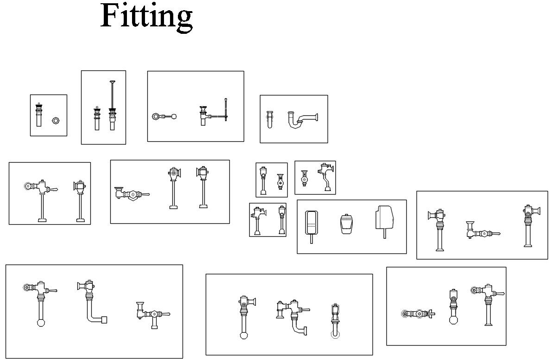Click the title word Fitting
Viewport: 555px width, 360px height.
[146, 16]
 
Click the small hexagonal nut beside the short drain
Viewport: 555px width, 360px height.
[56, 120]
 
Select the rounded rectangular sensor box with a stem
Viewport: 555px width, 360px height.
[311, 224]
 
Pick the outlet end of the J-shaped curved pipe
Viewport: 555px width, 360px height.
[305, 329]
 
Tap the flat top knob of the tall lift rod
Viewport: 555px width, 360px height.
[112, 82]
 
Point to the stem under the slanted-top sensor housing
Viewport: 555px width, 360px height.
[385, 234]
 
